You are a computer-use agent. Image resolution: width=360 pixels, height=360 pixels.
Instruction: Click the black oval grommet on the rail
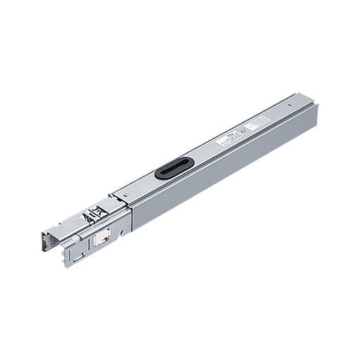174,168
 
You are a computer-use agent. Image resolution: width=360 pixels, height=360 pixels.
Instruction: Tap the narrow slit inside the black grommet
174,168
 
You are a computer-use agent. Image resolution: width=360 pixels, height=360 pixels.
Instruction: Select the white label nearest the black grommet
227,138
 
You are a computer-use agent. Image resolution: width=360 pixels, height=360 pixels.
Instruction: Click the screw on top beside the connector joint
125,193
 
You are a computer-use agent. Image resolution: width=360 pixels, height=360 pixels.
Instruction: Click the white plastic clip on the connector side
101,238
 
